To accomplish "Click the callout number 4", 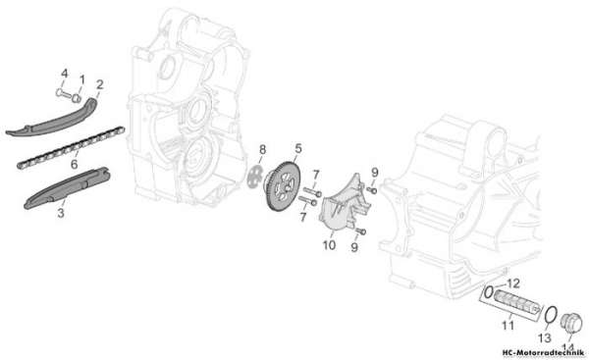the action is point(65,74).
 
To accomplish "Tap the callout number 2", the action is point(99,84).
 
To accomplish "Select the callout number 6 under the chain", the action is point(74,164).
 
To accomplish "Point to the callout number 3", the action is point(61,213).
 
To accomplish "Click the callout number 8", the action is point(262,150).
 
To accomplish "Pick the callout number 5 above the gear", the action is point(298,149).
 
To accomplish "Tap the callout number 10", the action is point(329,245).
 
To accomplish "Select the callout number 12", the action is point(513,283).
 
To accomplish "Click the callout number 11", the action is point(508,326).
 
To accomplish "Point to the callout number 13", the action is point(545,338).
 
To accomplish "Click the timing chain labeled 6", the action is point(71,148).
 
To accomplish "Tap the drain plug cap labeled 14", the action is point(571,323).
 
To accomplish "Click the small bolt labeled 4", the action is point(64,93).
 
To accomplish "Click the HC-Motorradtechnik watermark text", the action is point(544,352).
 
